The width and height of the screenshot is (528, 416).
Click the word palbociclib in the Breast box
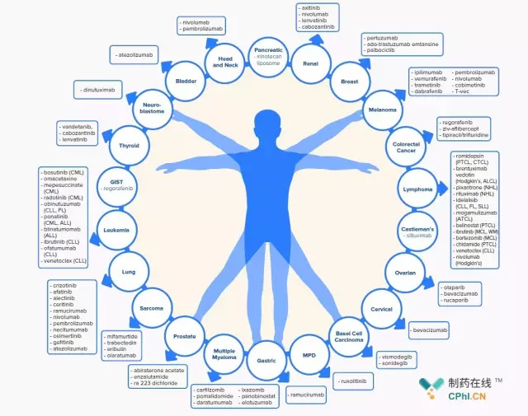382,50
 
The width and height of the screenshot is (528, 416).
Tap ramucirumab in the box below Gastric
309,395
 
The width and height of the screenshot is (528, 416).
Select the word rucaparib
461,300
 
